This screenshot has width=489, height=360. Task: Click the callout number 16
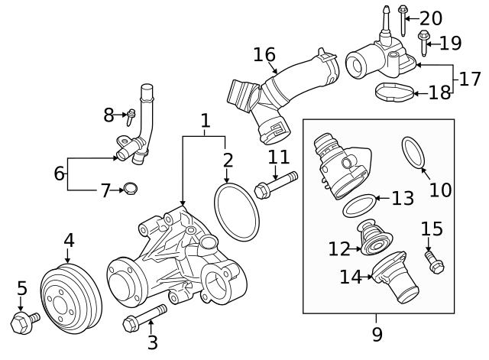pos(264,55)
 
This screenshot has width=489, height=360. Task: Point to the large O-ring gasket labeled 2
pos(236,210)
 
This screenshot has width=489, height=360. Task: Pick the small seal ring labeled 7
pos(131,188)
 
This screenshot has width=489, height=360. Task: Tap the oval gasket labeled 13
pos(359,204)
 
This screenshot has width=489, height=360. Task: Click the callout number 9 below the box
pos(377,334)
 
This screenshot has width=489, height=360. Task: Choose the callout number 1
pos(205,121)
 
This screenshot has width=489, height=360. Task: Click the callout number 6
pos(59,174)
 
